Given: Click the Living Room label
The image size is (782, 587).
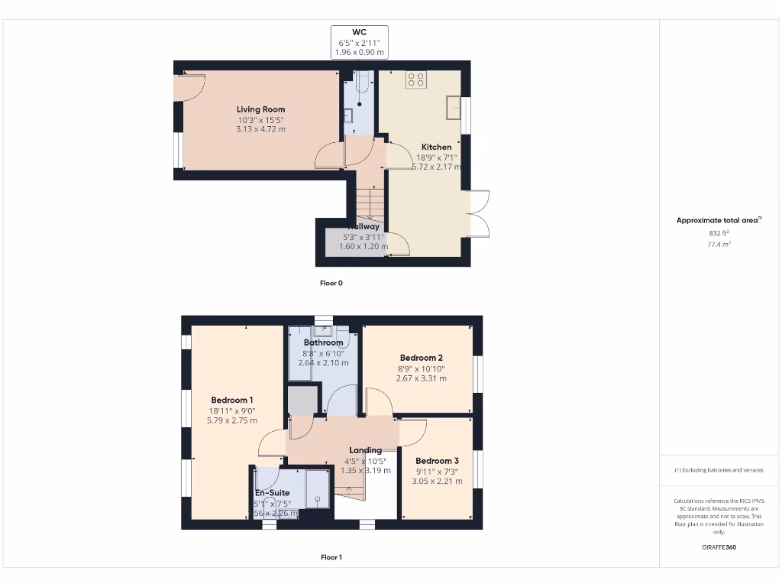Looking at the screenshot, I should [x=260, y=109].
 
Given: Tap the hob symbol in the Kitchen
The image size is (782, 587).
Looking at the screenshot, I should [x=416, y=80].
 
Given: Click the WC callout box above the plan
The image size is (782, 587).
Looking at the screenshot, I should [x=359, y=42].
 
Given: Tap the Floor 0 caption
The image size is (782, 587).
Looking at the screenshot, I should [x=331, y=283].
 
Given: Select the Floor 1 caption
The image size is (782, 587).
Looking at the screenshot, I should [x=331, y=558].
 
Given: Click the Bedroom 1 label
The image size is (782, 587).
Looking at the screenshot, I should [x=232, y=400].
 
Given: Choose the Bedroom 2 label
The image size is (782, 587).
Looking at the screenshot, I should [x=421, y=358].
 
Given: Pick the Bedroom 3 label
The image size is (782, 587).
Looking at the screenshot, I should [x=437, y=461].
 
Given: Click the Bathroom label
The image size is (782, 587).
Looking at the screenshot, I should [x=323, y=342].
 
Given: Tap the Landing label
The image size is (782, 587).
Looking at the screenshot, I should [x=365, y=450].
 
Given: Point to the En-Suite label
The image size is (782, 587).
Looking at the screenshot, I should [x=272, y=493].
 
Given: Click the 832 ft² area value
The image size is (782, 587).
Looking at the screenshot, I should [x=718, y=233].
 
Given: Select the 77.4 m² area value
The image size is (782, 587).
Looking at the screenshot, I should [x=718, y=245].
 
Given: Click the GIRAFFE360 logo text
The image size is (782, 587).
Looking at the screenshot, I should [x=718, y=547].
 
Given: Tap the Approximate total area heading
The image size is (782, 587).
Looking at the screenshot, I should [x=718, y=220].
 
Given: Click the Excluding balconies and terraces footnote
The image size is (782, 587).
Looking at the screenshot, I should [x=718, y=470].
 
